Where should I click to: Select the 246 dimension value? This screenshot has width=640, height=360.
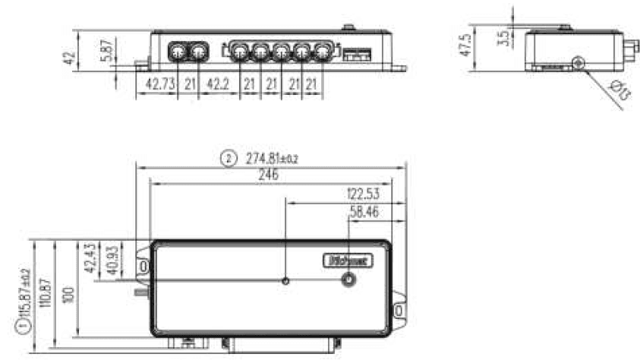pyautogui.click(x=267, y=175)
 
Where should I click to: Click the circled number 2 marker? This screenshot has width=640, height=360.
pyautogui.click(x=227, y=159)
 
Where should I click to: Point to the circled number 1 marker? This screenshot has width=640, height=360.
pyautogui.click(x=23, y=326)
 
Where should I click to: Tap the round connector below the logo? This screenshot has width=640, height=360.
pyautogui.click(x=348, y=281)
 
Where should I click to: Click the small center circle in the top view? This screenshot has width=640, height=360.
pyautogui.click(x=285, y=281)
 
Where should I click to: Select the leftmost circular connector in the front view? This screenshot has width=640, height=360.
pyautogui.click(x=178, y=52)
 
